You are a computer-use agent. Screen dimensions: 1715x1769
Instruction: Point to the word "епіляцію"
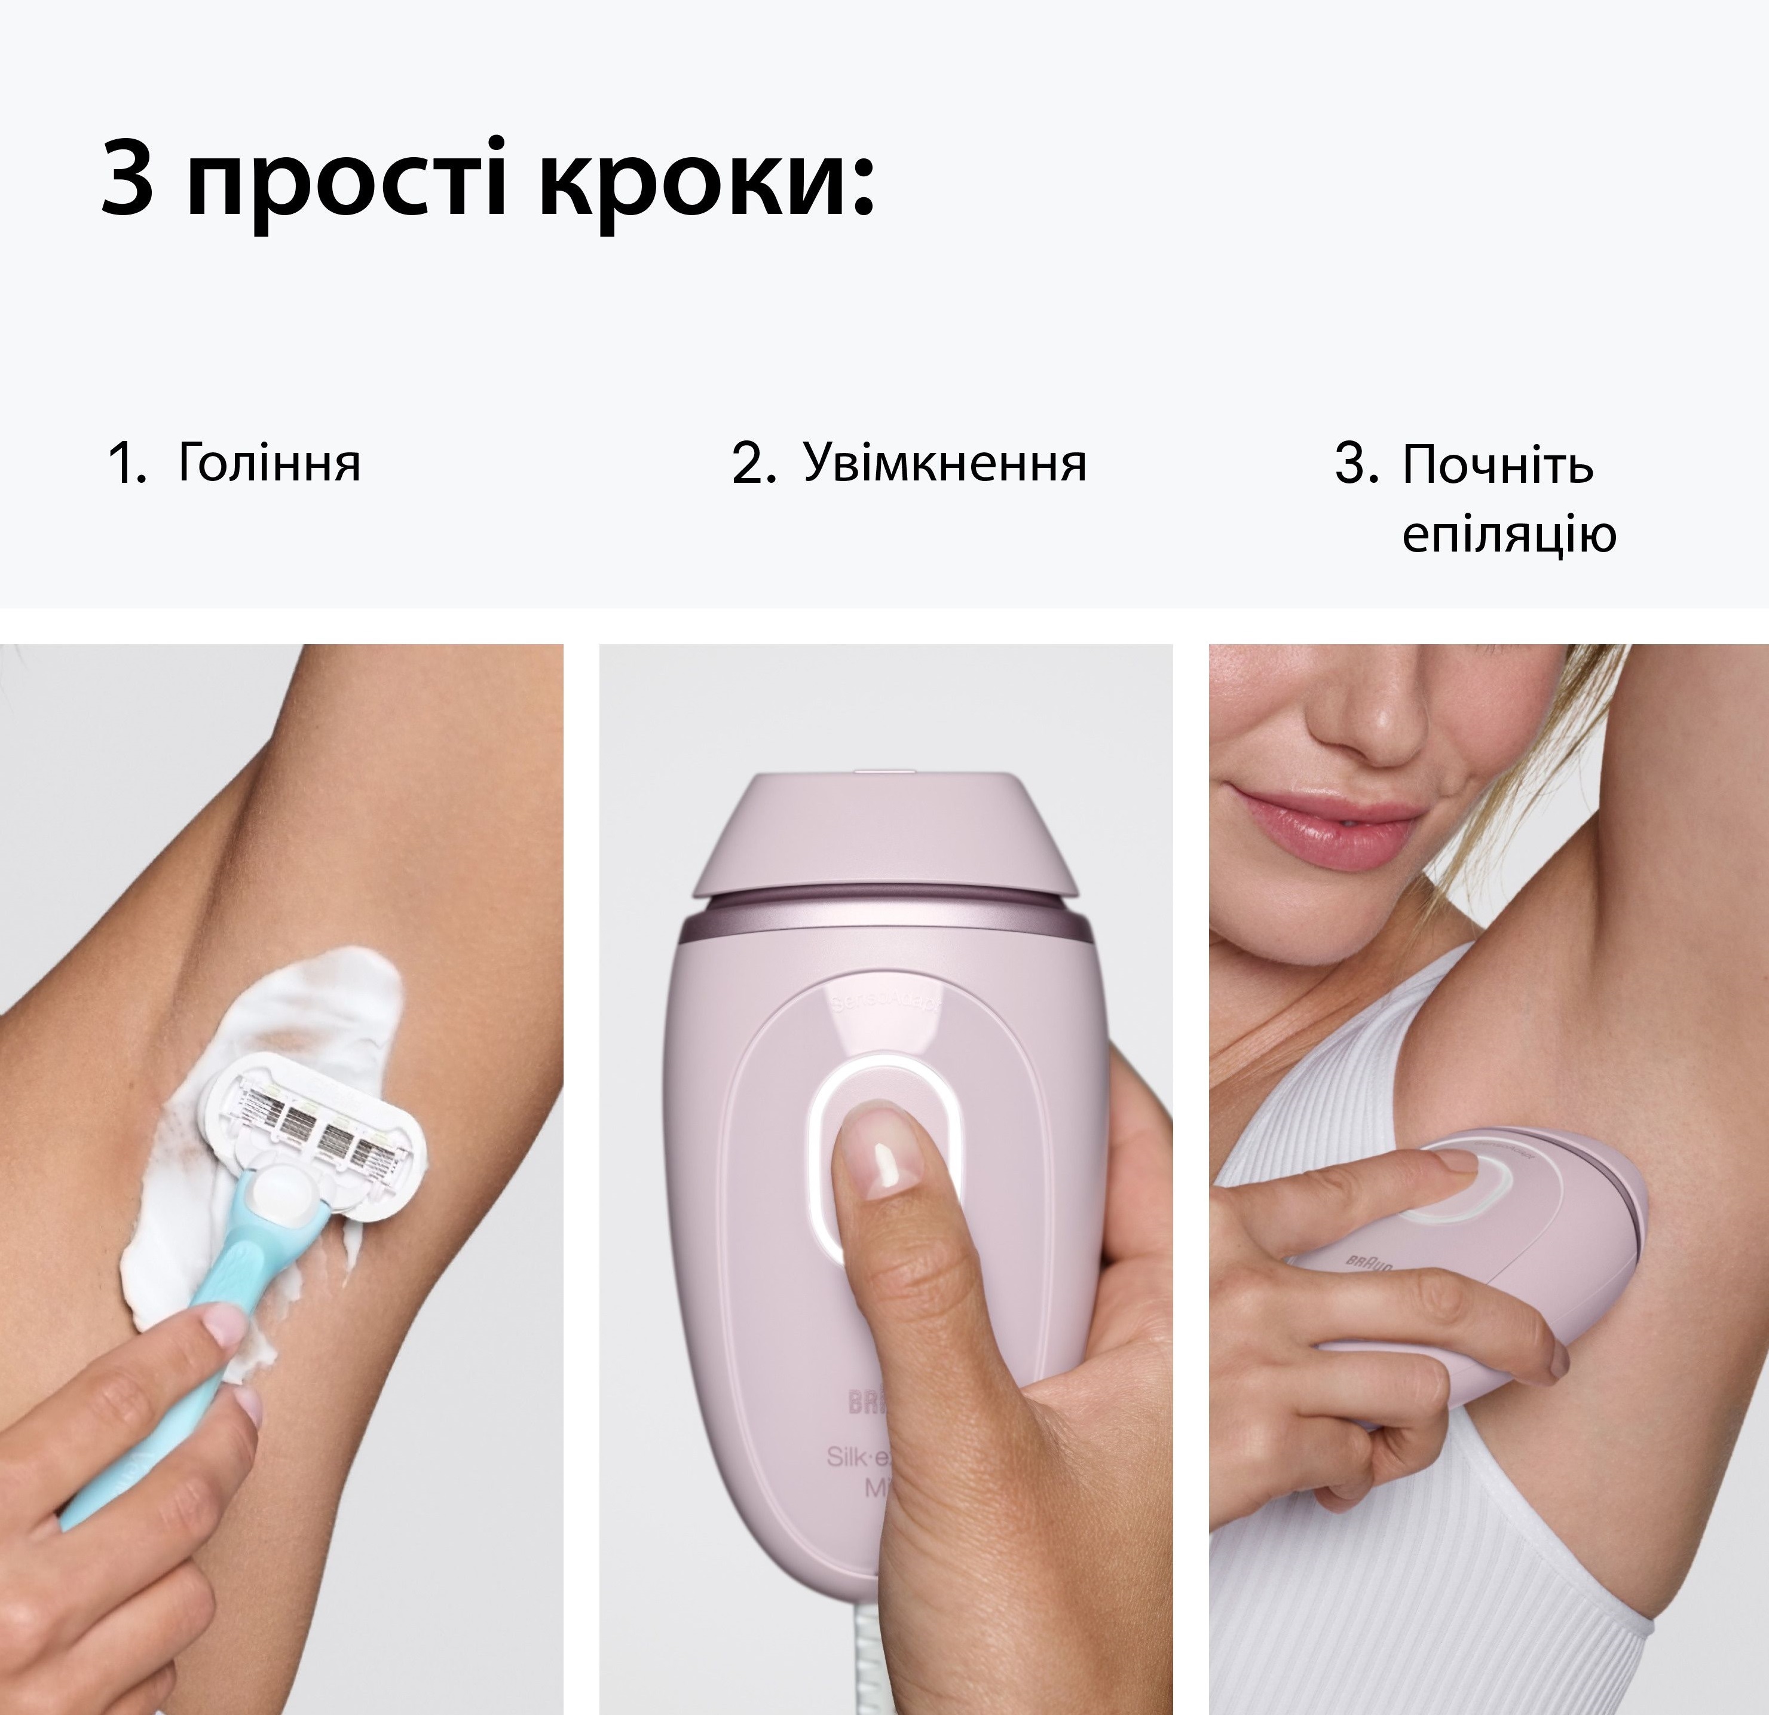1508,534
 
